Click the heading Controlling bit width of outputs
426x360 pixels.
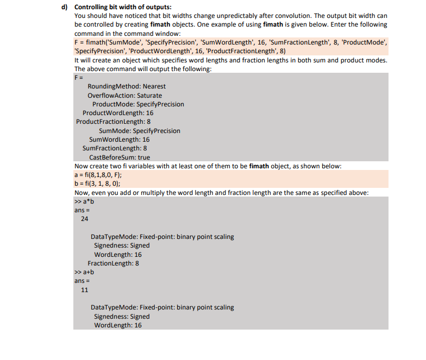122,7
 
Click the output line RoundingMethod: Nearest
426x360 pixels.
126,86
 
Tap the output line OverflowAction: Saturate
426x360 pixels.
124,95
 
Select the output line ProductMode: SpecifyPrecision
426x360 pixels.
138,104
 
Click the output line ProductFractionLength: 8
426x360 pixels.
113,121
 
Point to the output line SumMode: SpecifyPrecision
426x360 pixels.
140,130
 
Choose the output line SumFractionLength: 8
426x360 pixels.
115,148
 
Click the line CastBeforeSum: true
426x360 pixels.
119,157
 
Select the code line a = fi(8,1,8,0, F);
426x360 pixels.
98,174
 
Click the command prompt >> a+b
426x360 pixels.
84,272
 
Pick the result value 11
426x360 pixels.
84,290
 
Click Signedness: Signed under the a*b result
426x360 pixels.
122,245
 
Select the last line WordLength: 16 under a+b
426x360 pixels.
118,325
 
